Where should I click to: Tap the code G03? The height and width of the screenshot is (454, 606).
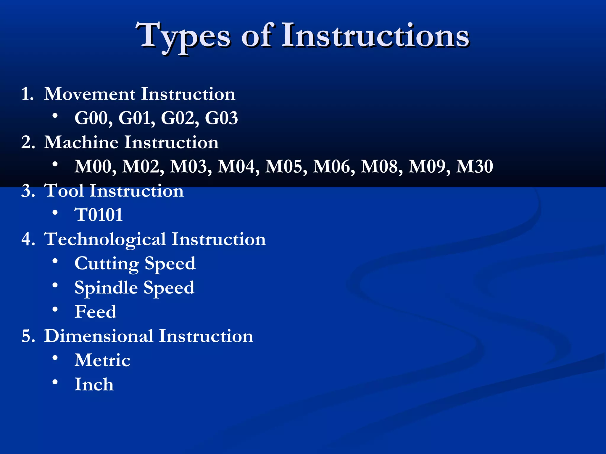tap(221, 118)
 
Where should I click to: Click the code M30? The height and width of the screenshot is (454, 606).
tap(474, 166)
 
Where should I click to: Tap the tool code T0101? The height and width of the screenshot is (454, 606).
tap(99, 215)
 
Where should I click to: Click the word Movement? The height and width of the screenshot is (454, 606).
tap(90, 94)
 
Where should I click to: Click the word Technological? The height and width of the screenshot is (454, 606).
tap(105, 239)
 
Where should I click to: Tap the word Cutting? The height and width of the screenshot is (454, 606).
tap(107, 264)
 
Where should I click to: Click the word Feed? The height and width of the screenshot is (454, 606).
tap(95, 312)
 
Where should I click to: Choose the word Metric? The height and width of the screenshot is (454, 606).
tap(102, 360)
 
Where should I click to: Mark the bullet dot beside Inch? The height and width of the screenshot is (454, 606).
tap(55, 382)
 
